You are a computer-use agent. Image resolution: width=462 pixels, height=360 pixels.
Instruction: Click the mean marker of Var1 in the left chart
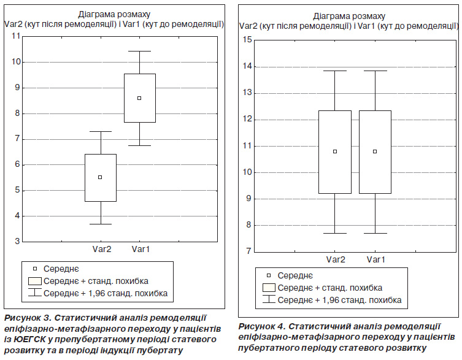click(x=139, y=98)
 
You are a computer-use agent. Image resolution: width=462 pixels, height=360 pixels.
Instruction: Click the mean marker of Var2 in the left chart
click(x=100, y=177)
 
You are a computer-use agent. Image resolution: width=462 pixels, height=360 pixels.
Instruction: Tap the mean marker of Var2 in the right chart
click(x=335, y=151)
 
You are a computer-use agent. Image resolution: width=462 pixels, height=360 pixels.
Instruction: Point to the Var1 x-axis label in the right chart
click(x=375, y=259)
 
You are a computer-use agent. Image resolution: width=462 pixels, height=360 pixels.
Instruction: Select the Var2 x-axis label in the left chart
click(x=102, y=249)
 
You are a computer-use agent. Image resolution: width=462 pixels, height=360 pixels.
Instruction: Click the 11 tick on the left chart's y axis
click(x=16, y=36)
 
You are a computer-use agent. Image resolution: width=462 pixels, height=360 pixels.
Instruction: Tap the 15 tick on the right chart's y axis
click(x=247, y=40)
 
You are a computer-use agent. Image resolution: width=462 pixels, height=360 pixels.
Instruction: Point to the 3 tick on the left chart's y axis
click(x=18, y=242)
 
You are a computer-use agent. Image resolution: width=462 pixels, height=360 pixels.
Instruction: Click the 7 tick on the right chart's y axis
click(x=249, y=251)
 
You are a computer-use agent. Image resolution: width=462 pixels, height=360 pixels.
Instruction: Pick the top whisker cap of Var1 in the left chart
click(x=140, y=52)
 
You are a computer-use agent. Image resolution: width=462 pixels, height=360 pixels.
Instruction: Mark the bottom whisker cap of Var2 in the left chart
click(x=101, y=224)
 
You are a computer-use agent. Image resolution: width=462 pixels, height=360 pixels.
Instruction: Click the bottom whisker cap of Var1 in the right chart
click(x=375, y=233)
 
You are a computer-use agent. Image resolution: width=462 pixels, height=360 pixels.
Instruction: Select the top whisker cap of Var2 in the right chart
click(x=335, y=71)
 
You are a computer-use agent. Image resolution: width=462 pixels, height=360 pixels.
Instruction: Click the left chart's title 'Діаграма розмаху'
click(x=114, y=14)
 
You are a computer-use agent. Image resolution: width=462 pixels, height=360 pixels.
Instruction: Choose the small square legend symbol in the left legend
click(x=35, y=269)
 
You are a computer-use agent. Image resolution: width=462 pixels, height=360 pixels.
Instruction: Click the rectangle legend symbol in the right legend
click(x=269, y=288)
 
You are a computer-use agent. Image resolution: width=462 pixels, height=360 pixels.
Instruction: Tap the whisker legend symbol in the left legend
click(x=35, y=293)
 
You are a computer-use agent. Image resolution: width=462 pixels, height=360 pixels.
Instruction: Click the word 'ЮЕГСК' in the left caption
click(x=29, y=339)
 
